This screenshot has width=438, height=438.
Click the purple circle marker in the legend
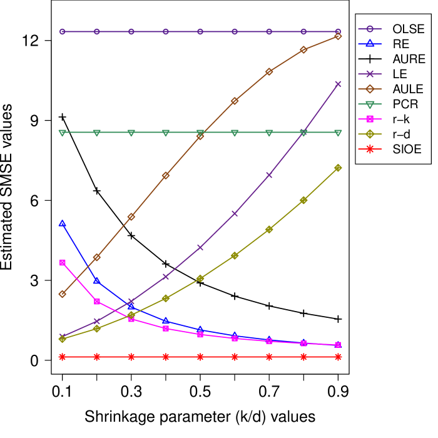tap(370, 29)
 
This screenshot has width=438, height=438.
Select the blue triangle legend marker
tap(370, 43)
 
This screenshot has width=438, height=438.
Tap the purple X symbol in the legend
tap(370, 74)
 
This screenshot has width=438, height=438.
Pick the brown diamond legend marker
tap(370, 89)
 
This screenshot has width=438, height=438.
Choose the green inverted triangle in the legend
tap(370, 104)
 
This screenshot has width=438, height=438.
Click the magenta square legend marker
tap(370, 119)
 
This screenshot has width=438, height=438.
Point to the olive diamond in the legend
tap(370, 134)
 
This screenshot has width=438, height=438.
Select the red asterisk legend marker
tap(370, 149)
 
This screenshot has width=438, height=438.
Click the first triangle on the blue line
tap(63, 223)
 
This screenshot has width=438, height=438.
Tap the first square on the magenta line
tap(63, 263)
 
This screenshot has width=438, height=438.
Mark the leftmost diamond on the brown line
tap(63, 293)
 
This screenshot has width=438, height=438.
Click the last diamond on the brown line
tap(338, 36)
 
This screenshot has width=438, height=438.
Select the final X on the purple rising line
tap(338, 84)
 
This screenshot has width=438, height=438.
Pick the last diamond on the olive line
tap(338, 168)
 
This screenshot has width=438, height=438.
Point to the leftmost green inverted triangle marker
tap(63, 133)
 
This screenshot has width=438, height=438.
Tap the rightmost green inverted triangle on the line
tap(338, 133)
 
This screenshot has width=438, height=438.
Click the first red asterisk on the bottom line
tap(63, 357)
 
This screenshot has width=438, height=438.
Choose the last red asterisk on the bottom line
tap(338, 357)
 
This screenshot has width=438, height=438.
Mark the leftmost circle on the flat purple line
tap(63, 31)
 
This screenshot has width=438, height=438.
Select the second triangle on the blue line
tap(97, 280)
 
